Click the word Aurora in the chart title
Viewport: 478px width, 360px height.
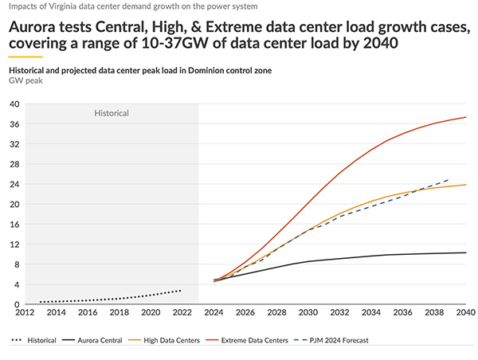tap(37, 25)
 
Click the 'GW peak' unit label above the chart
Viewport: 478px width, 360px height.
tap(25, 82)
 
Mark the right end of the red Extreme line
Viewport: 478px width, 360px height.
tap(466, 117)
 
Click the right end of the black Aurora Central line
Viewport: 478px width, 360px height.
tap(466, 252)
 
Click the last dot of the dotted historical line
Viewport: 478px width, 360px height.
tap(181, 291)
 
